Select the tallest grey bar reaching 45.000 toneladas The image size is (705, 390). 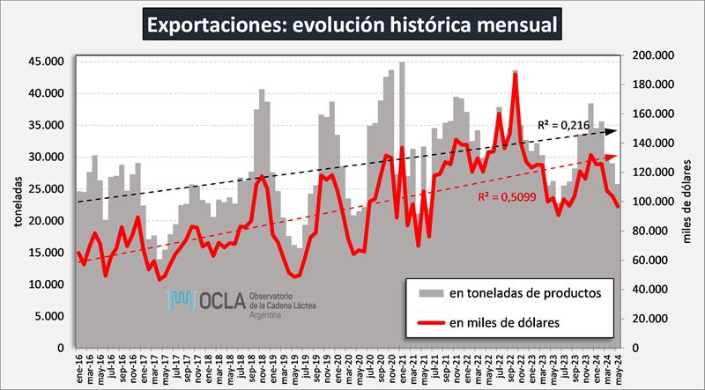coord(402,63)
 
